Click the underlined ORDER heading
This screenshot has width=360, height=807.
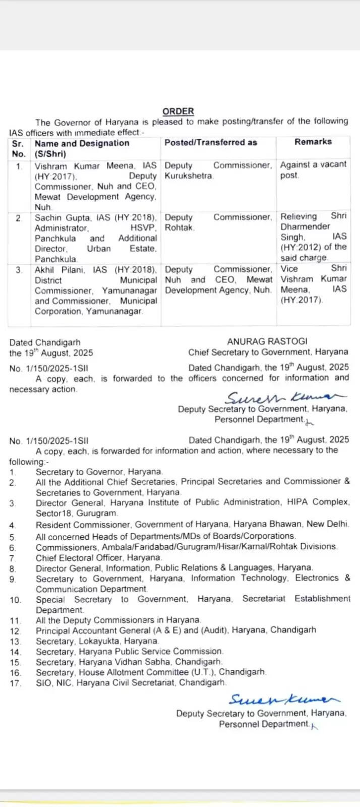(x=178, y=111)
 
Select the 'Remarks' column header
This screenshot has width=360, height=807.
(x=313, y=142)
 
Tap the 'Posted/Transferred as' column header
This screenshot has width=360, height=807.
(x=211, y=143)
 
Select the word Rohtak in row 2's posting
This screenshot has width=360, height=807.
(x=179, y=228)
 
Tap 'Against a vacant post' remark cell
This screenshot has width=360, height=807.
(x=313, y=169)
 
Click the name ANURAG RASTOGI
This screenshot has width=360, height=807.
(x=267, y=341)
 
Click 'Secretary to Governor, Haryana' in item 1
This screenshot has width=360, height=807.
(x=99, y=472)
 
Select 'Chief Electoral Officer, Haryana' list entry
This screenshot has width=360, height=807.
(x=99, y=558)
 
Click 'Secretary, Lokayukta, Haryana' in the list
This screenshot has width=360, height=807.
(x=97, y=641)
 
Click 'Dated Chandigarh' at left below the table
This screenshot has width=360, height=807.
(x=45, y=342)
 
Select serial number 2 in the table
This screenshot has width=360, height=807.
(x=19, y=218)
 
